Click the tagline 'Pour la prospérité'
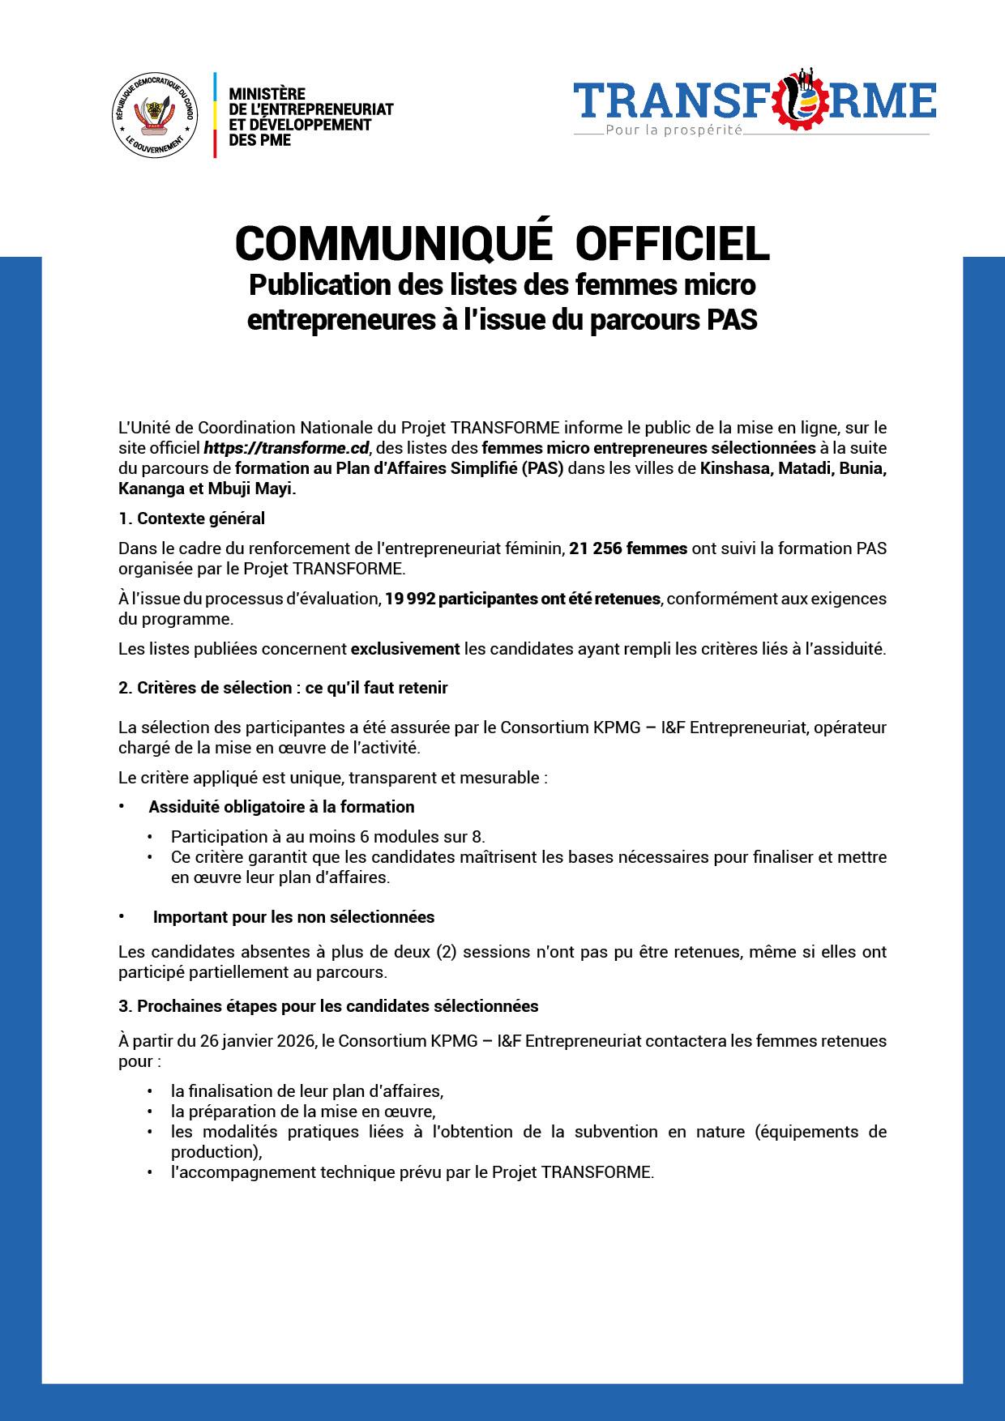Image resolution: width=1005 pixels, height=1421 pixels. tap(674, 130)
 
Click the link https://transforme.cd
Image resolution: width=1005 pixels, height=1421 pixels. tap(286, 448)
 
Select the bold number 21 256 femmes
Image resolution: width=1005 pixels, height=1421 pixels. tap(628, 548)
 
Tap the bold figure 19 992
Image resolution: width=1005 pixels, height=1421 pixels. tap(409, 599)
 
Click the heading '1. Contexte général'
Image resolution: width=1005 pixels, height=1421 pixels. tap(191, 518)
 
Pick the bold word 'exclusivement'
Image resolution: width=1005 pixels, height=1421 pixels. tap(404, 649)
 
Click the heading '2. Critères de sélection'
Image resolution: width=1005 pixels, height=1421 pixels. tap(283, 688)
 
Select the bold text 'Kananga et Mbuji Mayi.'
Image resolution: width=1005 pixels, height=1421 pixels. tap(207, 489)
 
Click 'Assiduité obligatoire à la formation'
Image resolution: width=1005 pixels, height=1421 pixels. tap(281, 807)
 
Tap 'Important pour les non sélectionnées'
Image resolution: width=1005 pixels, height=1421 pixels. tap(293, 917)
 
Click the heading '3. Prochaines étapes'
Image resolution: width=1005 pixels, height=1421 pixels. tap(328, 1006)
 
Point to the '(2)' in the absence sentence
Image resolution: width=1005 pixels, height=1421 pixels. tap(447, 951)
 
